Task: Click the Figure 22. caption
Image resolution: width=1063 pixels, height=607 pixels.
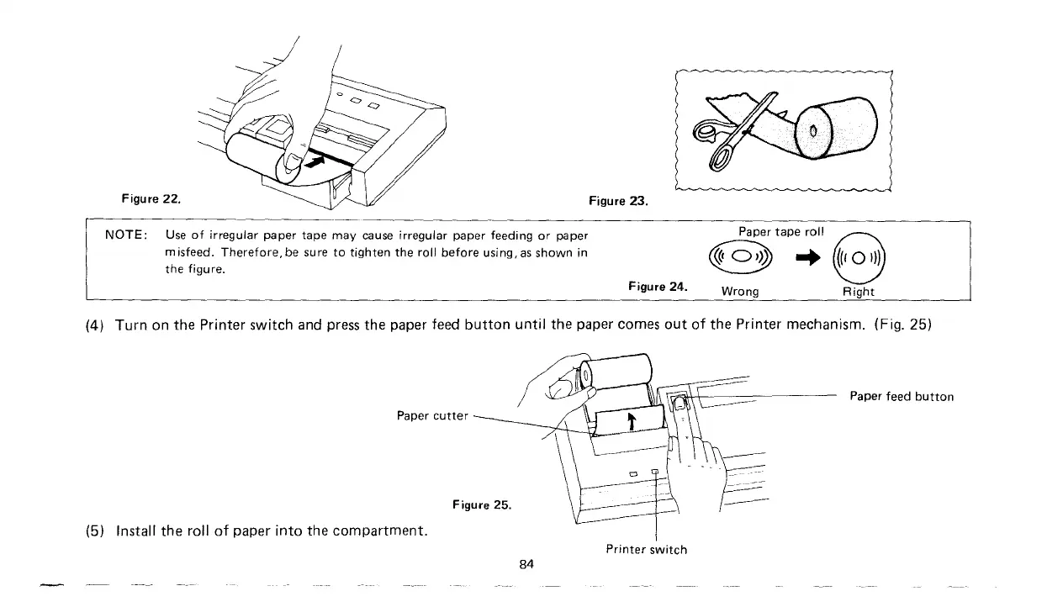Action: click(151, 199)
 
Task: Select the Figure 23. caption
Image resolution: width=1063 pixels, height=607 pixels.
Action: click(619, 201)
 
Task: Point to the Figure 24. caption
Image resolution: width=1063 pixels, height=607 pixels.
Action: click(658, 286)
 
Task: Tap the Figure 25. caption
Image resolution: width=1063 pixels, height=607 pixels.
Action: click(481, 504)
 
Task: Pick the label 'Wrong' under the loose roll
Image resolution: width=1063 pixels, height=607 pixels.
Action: click(740, 292)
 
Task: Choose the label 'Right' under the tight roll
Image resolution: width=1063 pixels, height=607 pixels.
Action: click(859, 292)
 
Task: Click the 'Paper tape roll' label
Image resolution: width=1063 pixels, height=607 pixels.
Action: click(781, 231)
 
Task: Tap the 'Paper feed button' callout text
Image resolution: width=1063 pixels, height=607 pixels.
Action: click(902, 396)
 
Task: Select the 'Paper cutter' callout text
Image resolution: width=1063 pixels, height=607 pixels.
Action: click(432, 415)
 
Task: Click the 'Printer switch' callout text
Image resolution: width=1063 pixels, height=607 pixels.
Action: click(646, 550)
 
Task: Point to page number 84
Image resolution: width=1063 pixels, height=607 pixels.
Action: click(526, 564)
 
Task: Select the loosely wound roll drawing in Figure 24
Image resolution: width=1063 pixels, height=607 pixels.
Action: click(740, 258)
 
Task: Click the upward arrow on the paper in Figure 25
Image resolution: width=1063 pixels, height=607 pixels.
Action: click(631, 420)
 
